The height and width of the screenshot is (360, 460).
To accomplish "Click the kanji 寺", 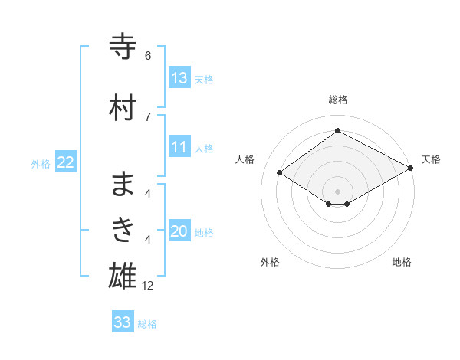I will click(x=123, y=47).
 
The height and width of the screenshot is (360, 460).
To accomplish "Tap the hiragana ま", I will click(x=123, y=185).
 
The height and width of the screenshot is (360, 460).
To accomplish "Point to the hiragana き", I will click(x=123, y=231).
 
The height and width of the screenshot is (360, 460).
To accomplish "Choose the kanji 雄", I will click(x=123, y=277).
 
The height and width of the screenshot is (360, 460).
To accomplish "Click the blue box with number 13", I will click(x=179, y=77).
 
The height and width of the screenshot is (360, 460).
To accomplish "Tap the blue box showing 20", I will click(x=179, y=231).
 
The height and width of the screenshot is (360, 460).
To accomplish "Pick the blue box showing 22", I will click(x=66, y=162).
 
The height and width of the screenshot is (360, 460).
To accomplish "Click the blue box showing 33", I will click(x=123, y=322).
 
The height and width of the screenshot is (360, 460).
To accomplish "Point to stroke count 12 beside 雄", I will click(x=148, y=286).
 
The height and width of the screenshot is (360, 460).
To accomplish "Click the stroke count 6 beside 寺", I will click(x=148, y=56).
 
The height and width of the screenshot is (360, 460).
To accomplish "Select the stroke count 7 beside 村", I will click(x=148, y=116).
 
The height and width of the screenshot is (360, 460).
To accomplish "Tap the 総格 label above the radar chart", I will click(x=337, y=100).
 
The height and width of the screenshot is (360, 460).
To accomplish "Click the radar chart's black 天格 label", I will click(x=431, y=159).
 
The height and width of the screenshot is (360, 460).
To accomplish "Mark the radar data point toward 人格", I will click(x=280, y=173).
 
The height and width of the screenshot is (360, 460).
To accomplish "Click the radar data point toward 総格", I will click(x=337, y=131).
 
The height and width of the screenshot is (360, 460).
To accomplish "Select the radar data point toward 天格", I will click(x=411, y=168).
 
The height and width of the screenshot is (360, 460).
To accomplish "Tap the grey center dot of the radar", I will click(x=337, y=191).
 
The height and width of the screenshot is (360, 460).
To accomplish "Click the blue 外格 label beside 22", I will click(x=40, y=163).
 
